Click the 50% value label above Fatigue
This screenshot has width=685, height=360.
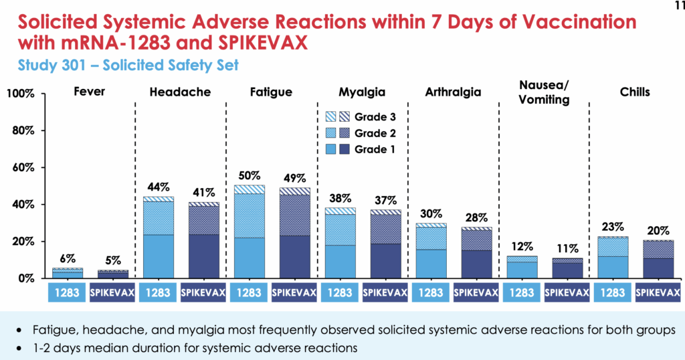coord(250,175)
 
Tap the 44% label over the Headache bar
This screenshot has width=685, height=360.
coord(159,186)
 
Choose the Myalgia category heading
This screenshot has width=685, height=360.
coord(362,92)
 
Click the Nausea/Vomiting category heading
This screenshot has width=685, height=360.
coord(543,92)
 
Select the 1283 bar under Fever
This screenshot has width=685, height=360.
coord(68,273)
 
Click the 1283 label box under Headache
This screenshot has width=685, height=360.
coord(159,293)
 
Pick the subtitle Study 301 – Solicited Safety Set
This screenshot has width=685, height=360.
coord(126,66)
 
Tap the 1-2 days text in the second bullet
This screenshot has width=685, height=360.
coord(52,347)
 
